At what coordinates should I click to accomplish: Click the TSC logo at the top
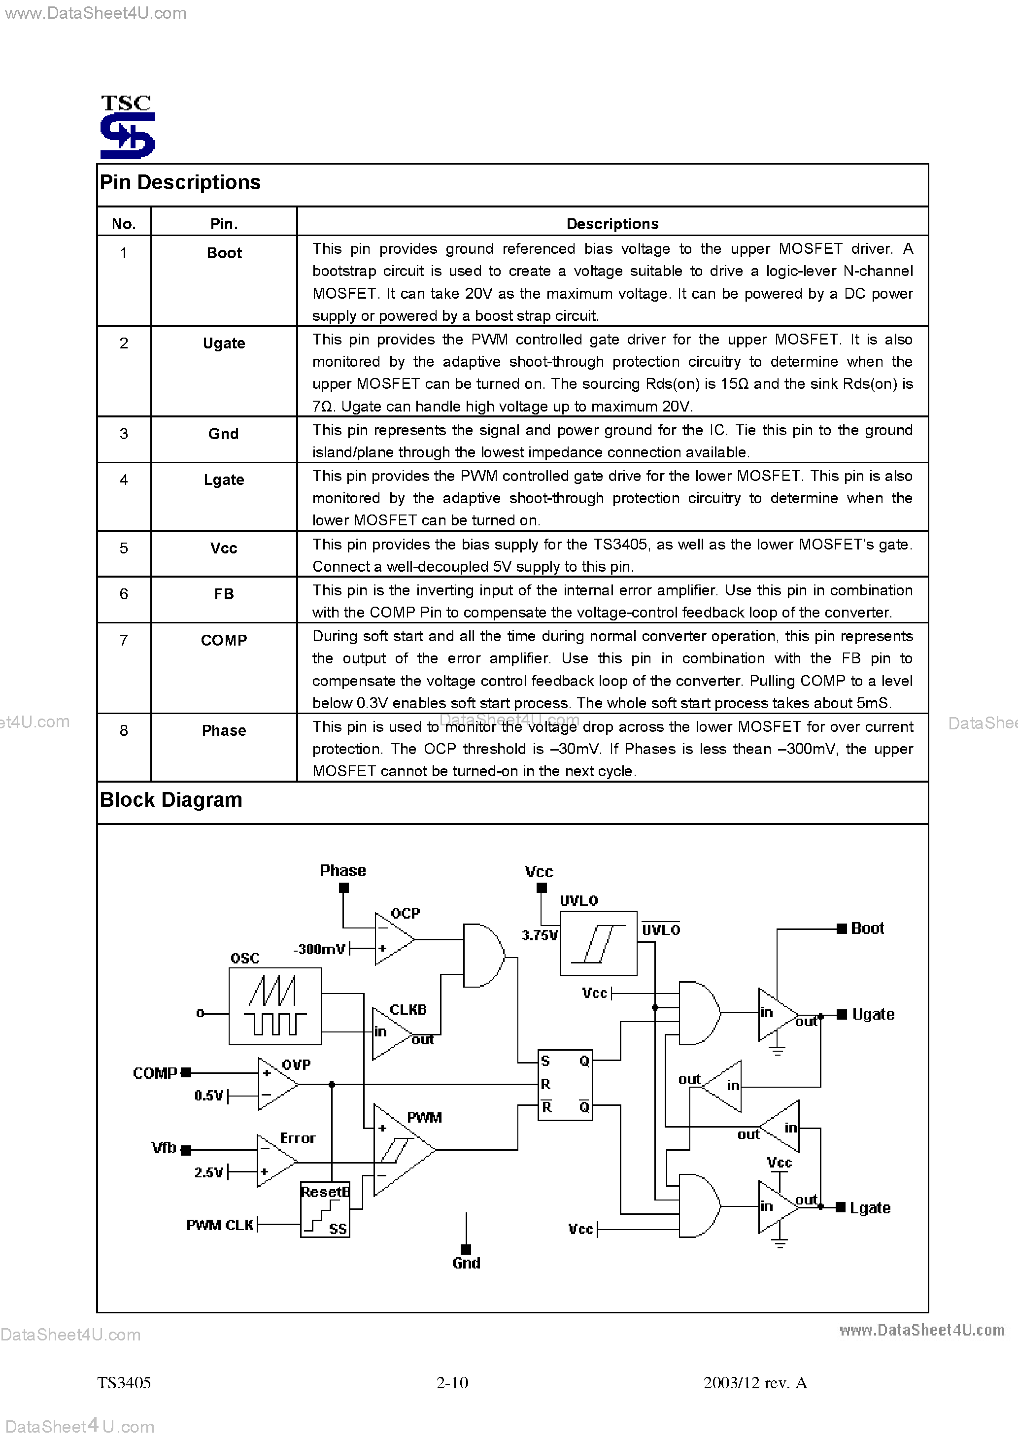[x=128, y=127]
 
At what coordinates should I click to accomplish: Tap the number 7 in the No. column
[x=124, y=640]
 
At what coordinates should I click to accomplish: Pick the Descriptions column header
[x=612, y=224]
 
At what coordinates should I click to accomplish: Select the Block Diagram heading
[x=170, y=800]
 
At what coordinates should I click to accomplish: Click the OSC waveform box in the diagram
[x=275, y=1006]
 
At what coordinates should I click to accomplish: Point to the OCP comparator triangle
[x=393, y=939]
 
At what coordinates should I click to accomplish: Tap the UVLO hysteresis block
[x=598, y=943]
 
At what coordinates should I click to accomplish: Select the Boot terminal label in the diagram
[x=867, y=928]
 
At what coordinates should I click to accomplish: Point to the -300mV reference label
[x=319, y=949]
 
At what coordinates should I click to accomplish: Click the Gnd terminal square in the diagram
[x=466, y=1249]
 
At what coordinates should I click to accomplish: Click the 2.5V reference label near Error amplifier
[x=208, y=1172]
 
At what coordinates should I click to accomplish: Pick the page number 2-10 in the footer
[x=452, y=1383]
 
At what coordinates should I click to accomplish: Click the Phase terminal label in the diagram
[x=342, y=870]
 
